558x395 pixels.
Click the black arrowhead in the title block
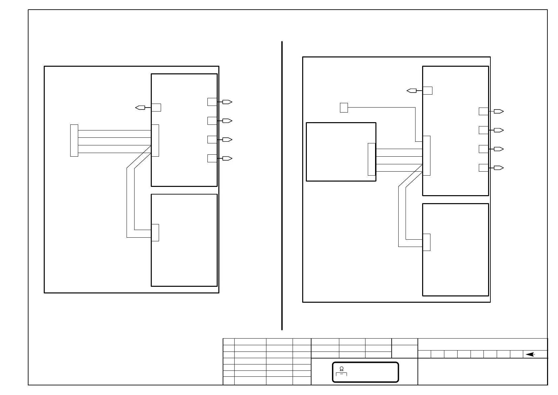click(x=530, y=355)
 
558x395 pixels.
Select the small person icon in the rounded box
click(x=342, y=369)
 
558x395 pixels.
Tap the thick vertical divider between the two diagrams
click(x=282, y=186)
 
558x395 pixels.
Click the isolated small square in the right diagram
click(x=344, y=108)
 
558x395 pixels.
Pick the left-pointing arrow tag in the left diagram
click(x=140, y=108)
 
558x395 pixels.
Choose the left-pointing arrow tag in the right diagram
click(x=412, y=91)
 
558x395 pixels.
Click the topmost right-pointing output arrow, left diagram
click(x=227, y=102)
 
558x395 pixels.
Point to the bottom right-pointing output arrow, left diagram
click(x=227, y=158)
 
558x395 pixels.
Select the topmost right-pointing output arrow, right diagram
click(x=499, y=112)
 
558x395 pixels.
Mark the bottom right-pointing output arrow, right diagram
click(x=499, y=168)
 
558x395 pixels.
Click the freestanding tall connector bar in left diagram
click(x=74, y=140)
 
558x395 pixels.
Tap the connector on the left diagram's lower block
click(x=155, y=233)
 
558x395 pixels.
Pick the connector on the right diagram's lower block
click(x=426, y=242)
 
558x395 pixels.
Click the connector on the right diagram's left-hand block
click(x=372, y=159)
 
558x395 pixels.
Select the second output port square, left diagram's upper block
click(x=212, y=121)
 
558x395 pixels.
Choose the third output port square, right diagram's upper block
click(x=484, y=149)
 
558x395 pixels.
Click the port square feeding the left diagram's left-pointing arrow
click(x=156, y=108)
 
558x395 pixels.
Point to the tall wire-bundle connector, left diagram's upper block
click(x=155, y=140)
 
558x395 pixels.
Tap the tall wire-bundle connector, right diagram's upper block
click(x=426, y=155)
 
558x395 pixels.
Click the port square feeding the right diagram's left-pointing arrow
click(x=428, y=91)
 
